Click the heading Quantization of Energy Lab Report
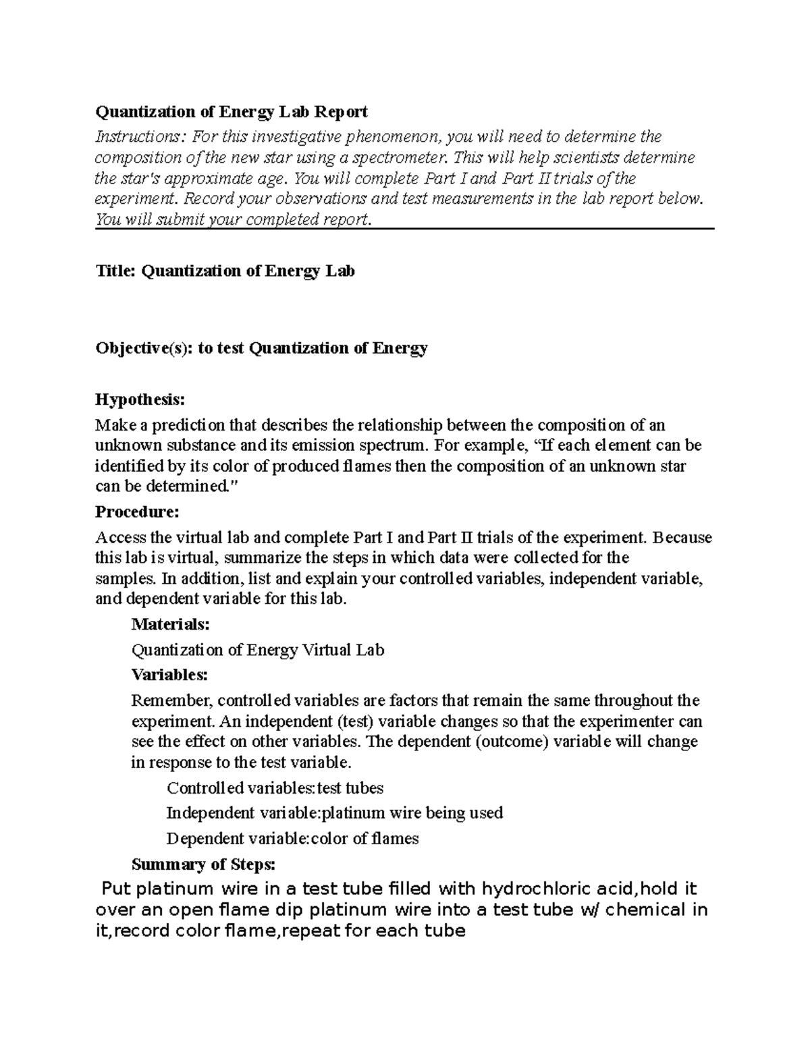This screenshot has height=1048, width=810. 231,111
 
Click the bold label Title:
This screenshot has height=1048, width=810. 115,271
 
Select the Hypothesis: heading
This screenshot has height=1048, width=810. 140,400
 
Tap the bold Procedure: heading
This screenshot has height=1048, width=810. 137,512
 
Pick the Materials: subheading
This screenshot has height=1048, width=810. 170,625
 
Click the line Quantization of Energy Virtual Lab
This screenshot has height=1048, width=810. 257,651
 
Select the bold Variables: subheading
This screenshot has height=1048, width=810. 169,675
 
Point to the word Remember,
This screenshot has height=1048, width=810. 172,700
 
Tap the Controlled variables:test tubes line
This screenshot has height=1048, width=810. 275,788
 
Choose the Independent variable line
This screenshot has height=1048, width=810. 334,813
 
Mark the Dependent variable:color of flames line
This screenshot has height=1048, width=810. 292,839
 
